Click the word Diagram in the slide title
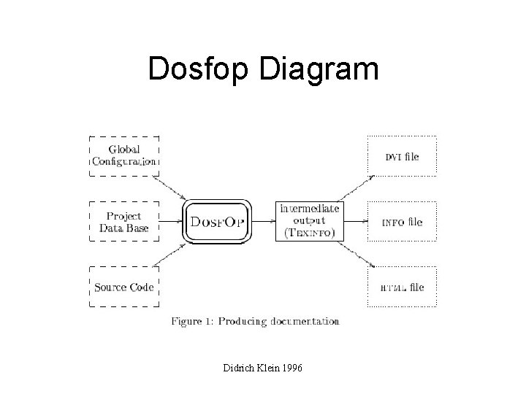[x=319, y=70]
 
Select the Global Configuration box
[x=123, y=155]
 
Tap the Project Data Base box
[x=123, y=222]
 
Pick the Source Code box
[x=123, y=287]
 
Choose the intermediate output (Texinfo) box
[x=309, y=221]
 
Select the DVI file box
[x=401, y=156]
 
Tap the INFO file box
[x=401, y=222]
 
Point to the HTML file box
[x=401, y=287]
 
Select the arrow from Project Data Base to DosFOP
[x=170, y=221]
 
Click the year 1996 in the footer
[x=290, y=370]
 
